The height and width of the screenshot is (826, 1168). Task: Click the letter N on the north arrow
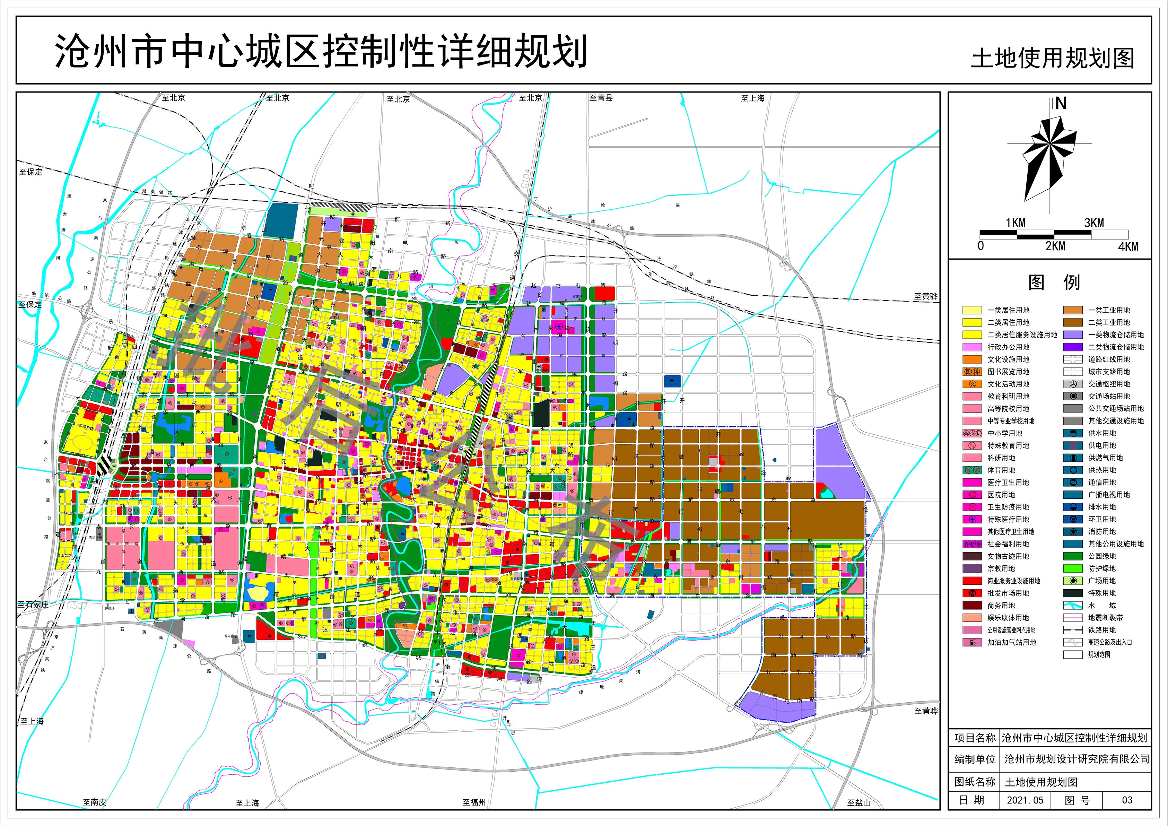[x=1061, y=104]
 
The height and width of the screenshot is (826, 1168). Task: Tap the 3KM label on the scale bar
[x=1094, y=223]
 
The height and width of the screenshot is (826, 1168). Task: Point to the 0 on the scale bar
[x=981, y=246]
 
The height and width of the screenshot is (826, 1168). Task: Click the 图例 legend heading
[x=1054, y=282]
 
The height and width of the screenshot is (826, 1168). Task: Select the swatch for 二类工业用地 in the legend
[x=1073, y=322]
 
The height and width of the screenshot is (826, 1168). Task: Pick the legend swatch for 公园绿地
[x=1073, y=556]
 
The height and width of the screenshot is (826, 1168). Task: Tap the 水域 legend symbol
[x=1073, y=605]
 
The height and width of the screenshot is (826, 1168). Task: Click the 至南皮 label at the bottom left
[x=95, y=802]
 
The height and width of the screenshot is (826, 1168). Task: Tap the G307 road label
[x=77, y=606]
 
